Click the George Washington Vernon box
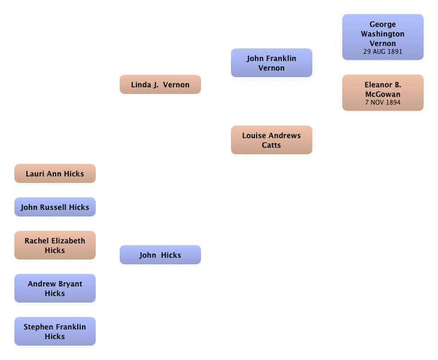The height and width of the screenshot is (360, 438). point(383,37)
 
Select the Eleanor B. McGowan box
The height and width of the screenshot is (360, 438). point(383,93)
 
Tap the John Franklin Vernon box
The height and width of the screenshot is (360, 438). point(272,63)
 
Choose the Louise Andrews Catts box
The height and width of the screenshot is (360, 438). point(272,140)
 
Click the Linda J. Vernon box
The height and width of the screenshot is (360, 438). point(160,84)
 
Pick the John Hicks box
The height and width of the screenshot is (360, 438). point(160,255)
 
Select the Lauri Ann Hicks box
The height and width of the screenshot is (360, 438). point(55,173)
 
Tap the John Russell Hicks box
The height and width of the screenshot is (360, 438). point(55,207)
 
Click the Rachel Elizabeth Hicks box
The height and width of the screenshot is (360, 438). point(55,245)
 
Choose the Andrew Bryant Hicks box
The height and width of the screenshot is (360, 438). point(55,288)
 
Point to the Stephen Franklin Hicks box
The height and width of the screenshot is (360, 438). point(55,331)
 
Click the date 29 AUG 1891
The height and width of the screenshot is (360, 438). point(383,51)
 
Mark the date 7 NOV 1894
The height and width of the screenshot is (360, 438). point(383,102)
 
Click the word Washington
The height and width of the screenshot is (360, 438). point(383,34)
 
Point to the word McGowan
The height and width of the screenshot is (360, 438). point(383,94)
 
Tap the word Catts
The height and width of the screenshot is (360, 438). point(271,145)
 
